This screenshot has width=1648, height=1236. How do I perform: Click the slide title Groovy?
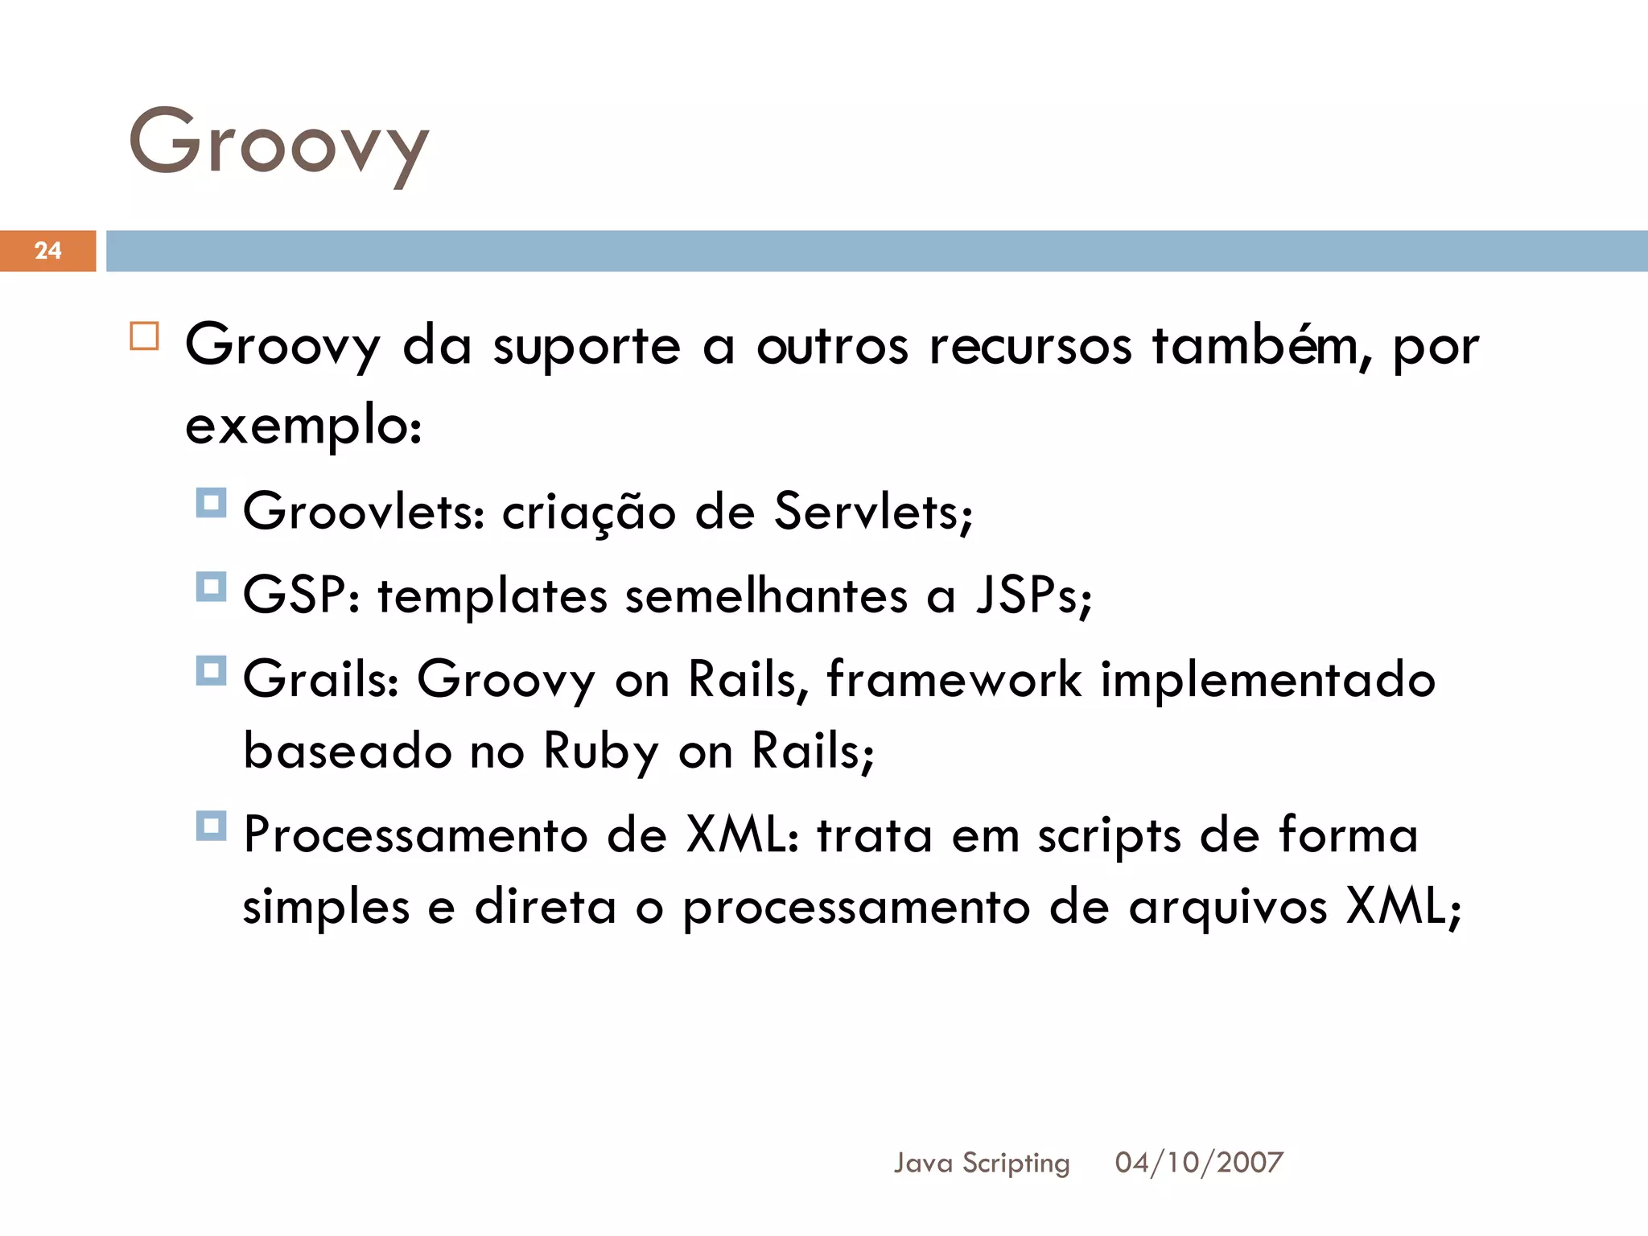[x=278, y=145]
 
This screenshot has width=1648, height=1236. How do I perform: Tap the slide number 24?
[x=48, y=250]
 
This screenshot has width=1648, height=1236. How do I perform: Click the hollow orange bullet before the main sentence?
[x=145, y=336]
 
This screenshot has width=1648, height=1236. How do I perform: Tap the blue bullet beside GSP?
[x=211, y=587]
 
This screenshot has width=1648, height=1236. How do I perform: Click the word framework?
[x=954, y=679]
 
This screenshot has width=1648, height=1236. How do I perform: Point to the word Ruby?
[x=601, y=752]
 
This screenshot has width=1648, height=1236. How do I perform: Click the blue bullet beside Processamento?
[x=211, y=826]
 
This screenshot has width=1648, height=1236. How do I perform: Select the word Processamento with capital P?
[x=415, y=835]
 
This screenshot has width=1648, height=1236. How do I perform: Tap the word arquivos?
[x=1227, y=908]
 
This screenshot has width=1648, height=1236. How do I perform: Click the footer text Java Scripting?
[x=982, y=1163]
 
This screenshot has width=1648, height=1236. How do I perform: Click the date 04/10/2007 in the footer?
[x=1199, y=1163]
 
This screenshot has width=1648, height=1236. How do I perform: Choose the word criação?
[x=588, y=512]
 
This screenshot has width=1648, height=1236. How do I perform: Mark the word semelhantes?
[x=766, y=596]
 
